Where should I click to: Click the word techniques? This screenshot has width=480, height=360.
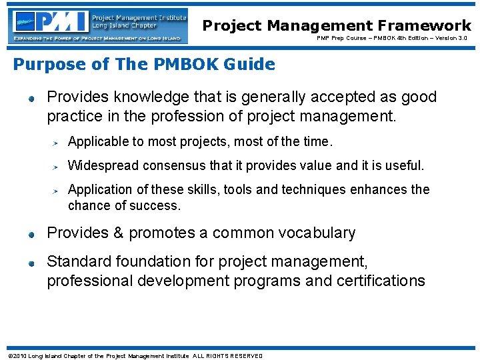tap(317, 189)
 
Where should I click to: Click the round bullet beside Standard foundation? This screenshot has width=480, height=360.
tap(31, 263)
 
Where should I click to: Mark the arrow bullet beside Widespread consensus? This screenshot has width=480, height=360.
tap(57, 166)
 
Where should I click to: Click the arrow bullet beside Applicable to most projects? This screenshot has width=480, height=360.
tap(57, 142)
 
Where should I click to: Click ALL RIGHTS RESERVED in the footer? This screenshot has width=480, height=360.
tap(227, 356)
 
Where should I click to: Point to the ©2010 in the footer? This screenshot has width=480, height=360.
tap(17, 356)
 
